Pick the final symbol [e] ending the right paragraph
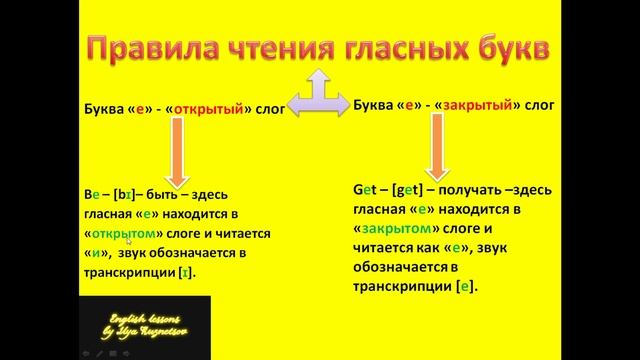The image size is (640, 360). (466, 286)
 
